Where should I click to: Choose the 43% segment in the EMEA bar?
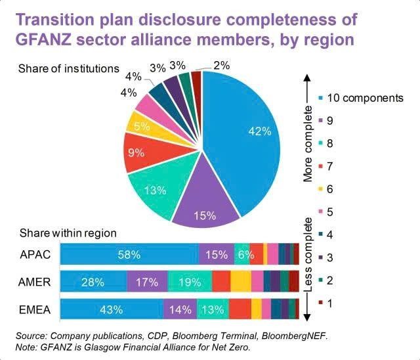111,308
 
